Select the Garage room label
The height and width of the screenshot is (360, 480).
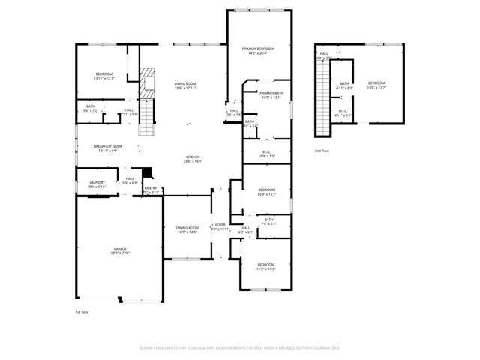pos(121,250)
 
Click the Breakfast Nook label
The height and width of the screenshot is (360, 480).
pos(108,148)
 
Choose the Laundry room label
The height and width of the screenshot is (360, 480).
pos(97,183)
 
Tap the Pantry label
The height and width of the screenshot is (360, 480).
pos(151,190)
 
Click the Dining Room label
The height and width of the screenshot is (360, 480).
pos(187,229)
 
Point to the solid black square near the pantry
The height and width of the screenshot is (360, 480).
pos(146,171)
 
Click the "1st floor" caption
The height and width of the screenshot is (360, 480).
pos(82,311)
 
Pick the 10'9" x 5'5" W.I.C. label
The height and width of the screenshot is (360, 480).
pos(266,154)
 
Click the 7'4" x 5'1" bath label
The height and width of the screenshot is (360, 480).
pos(269,221)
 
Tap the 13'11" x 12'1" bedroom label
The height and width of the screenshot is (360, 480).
pos(103,76)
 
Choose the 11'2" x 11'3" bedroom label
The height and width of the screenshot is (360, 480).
pos(266,266)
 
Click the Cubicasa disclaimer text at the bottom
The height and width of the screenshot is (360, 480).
pos(240,348)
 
